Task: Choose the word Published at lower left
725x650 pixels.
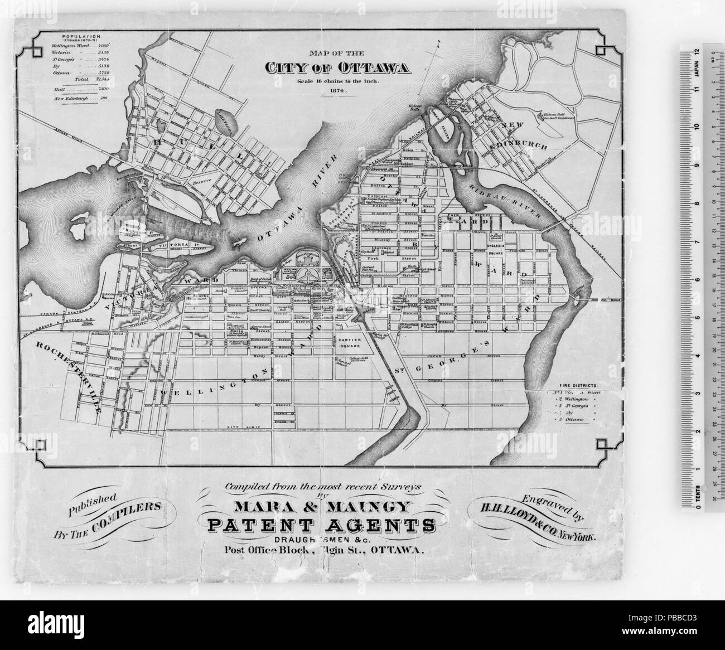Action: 92,506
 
